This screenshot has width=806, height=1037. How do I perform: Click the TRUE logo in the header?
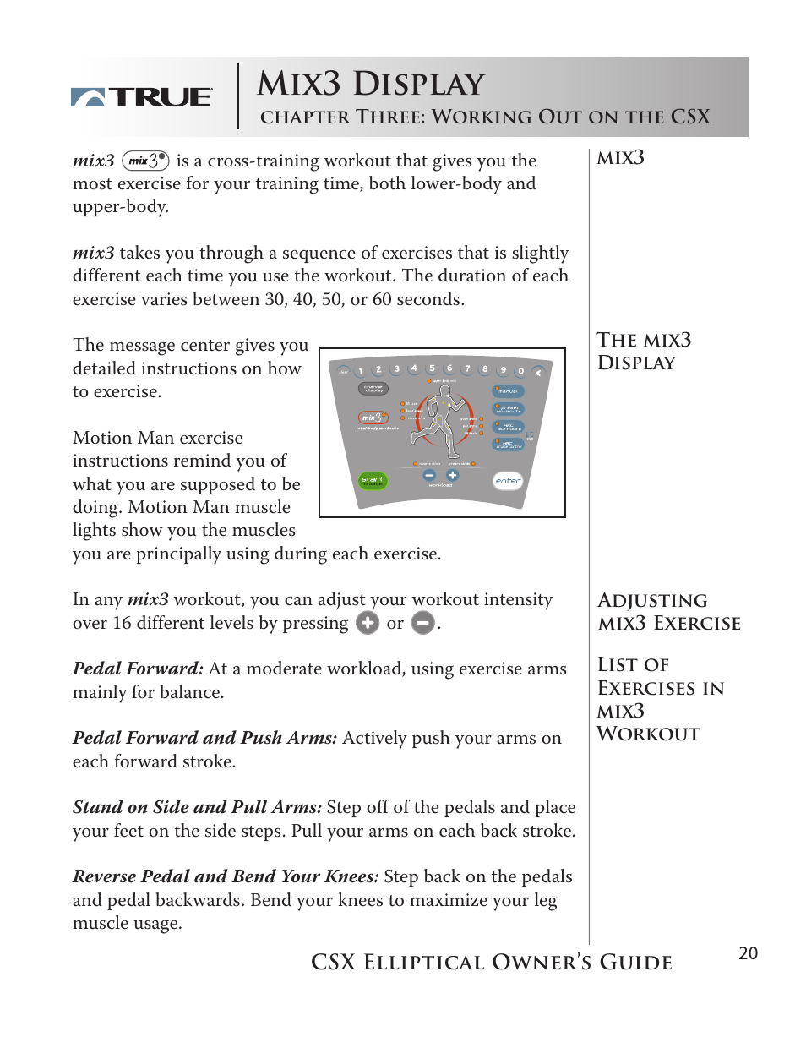(x=141, y=97)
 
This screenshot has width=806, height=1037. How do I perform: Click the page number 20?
(x=748, y=954)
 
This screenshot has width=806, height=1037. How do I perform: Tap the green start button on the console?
(x=372, y=480)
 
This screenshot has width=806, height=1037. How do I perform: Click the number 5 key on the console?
(x=432, y=368)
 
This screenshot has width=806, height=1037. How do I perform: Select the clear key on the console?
(x=343, y=371)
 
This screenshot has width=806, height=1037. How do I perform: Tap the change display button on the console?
(x=373, y=389)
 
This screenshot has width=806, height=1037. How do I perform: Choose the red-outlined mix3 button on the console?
(x=373, y=418)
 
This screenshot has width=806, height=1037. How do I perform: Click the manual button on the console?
(x=509, y=391)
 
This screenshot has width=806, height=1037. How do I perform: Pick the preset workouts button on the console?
(x=509, y=409)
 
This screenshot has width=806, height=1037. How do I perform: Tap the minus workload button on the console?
(x=428, y=476)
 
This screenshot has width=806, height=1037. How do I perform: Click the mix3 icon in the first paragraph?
(x=146, y=161)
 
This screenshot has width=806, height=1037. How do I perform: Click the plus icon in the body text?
(x=368, y=624)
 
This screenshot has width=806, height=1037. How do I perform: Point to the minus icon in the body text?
(x=422, y=624)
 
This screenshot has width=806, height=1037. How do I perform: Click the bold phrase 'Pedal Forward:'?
(x=138, y=669)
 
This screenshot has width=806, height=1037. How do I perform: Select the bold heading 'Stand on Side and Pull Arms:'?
(x=197, y=808)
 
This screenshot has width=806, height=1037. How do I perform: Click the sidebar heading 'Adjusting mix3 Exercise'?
(x=668, y=612)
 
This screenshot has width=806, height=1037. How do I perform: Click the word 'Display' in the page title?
(x=417, y=85)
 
